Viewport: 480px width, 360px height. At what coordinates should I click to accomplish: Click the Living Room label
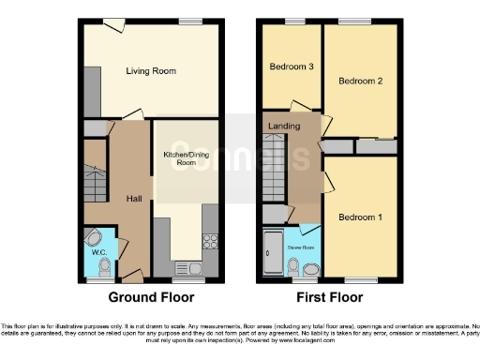point(152,71)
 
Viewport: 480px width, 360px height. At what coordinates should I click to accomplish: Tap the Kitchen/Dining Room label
point(186,157)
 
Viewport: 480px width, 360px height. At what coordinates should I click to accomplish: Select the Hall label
point(134,198)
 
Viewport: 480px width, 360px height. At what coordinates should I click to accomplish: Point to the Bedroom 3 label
point(292,67)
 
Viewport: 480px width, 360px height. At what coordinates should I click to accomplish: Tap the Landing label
point(284,126)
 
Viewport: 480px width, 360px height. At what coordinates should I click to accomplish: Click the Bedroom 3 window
point(293,21)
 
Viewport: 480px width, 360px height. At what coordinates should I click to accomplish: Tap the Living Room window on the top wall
point(191,21)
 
